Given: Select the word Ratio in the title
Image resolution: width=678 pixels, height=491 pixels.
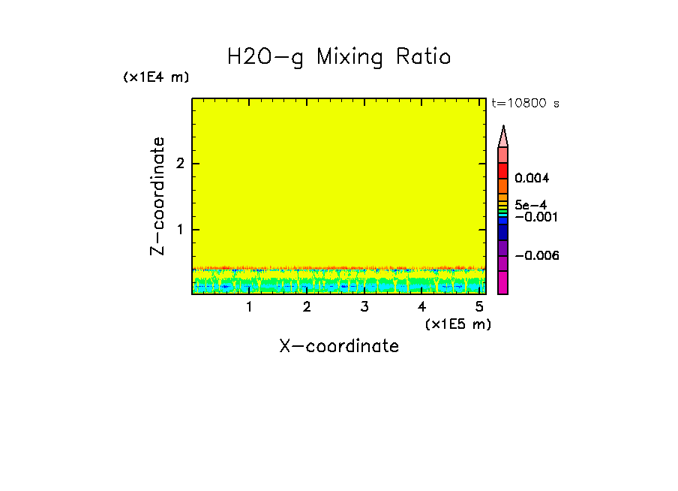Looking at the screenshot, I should (x=425, y=57).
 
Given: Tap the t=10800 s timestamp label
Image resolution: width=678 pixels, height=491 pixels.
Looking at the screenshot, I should (x=525, y=104).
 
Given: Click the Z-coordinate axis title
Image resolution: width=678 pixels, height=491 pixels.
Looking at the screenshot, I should (x=157, y=196).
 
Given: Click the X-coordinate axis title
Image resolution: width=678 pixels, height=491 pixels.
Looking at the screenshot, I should (x=339, y=346).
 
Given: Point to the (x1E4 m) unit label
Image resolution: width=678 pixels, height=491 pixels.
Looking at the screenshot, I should (x=156, y=77).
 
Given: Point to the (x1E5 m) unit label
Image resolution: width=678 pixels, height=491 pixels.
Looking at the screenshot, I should (x=457, y=324).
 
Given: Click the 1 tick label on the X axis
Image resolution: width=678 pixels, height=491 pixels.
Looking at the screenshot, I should (x=249, y=306).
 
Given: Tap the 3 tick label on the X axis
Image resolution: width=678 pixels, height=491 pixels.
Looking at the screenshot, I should (x=364, y=306).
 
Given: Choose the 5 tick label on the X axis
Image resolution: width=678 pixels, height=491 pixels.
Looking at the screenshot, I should (x=478, y=306).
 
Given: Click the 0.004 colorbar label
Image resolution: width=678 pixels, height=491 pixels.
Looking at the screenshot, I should (x=532, y=179).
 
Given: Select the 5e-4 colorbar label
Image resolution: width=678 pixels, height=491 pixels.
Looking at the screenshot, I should (x=530, y=204).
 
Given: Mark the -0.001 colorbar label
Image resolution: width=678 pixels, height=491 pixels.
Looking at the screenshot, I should (x=534, y=216).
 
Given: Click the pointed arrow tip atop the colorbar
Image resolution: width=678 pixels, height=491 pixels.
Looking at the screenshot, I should (x=503, y=131).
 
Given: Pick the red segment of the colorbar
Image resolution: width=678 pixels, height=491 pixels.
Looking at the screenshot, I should (x=503, y=170).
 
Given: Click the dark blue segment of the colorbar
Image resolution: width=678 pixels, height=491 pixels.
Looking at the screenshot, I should (x=503, y=233).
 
